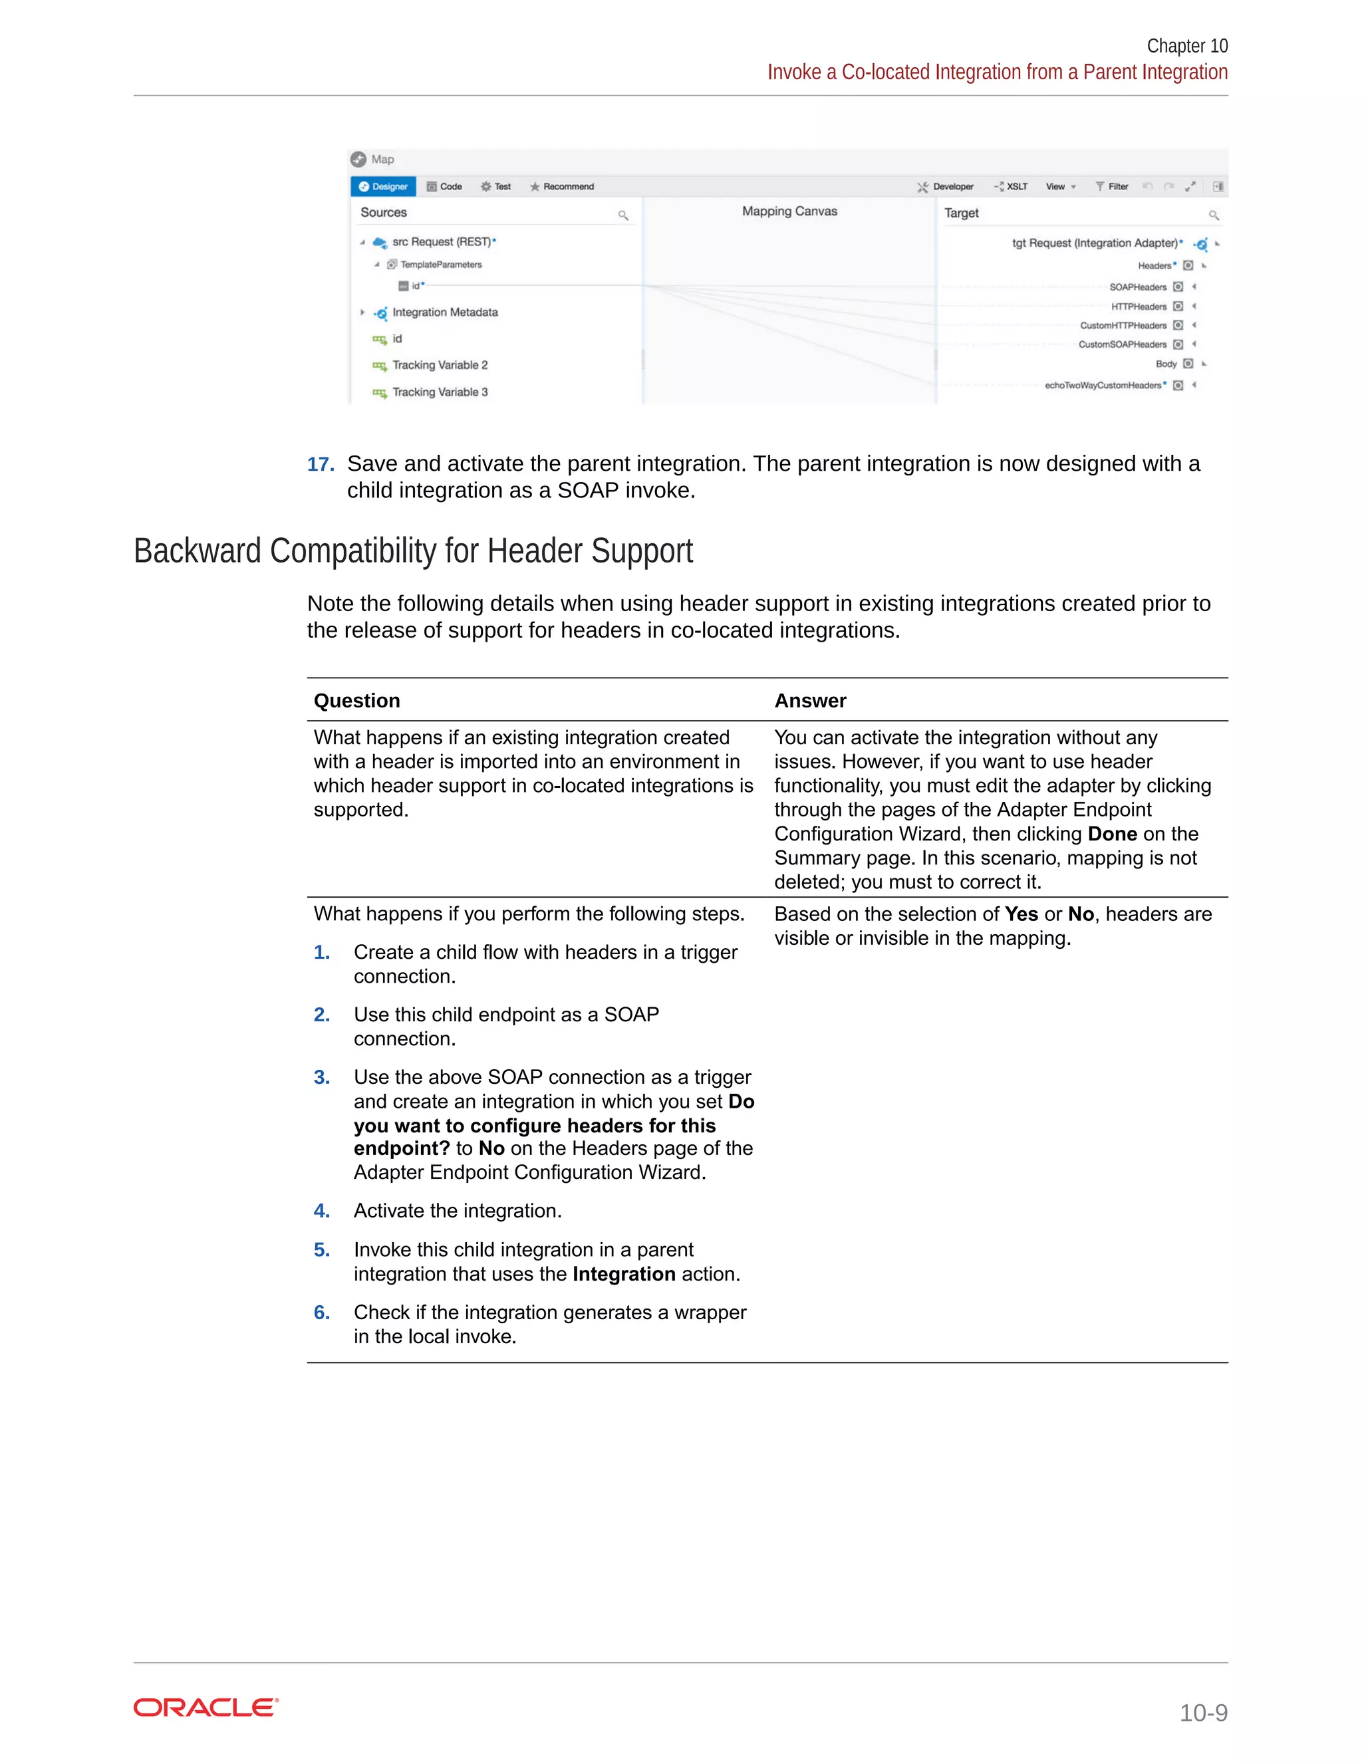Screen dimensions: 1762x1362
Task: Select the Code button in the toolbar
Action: pos(445,186)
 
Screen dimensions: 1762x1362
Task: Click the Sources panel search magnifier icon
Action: pos(623,215)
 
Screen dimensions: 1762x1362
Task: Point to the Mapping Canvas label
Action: pos(789,211)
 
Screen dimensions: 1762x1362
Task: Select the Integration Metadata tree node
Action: pos(445,313)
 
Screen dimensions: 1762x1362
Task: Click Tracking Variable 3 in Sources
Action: pos(440,392)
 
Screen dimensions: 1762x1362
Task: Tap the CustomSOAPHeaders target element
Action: pos(1123,344)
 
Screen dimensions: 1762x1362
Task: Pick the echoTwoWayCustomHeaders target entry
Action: pos(1103,386)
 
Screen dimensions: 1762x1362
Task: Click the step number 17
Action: pos(321,465)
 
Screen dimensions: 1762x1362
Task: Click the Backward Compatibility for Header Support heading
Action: pos(413,551)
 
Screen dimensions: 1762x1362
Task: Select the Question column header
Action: pos(356,700)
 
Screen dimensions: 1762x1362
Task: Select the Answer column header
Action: pos(810,700)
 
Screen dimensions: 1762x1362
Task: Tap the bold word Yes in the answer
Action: pos(1021,914)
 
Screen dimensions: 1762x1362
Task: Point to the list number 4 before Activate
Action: pos(322,1211)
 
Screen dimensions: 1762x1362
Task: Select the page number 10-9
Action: pos(1203,1712)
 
